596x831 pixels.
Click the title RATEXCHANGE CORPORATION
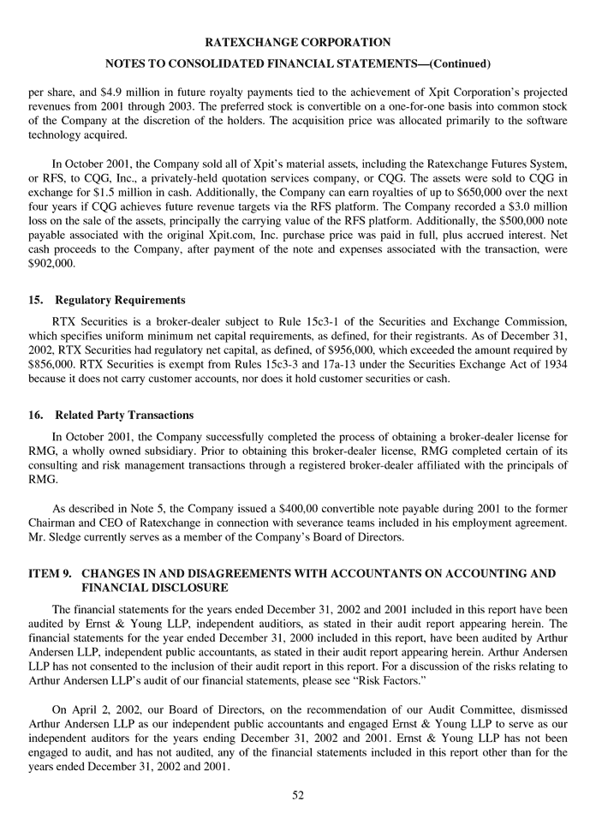point(298,41)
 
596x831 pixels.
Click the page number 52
point(298,795)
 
